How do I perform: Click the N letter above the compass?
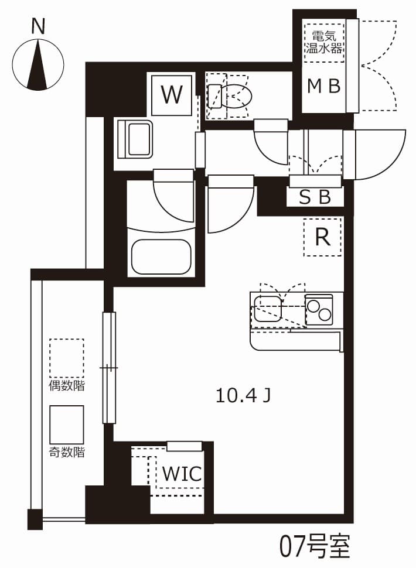point(39,26)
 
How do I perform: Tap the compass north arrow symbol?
point(39,64)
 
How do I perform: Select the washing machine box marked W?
point(172,95)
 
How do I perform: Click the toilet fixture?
point(231,95)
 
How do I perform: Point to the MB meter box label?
point(324,87)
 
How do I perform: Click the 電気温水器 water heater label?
point(324,42)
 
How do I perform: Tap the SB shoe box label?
point(315,197)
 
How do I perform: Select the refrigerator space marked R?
point(322,237)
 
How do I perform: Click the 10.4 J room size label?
point(243,396)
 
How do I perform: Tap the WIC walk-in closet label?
point(182,473)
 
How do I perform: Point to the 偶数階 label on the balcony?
point(66,386)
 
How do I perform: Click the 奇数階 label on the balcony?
point(66,452)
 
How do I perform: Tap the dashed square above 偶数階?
point(66,358)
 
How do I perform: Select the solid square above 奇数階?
point(66,425)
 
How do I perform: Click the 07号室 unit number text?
point(314,546)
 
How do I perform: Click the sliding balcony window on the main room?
point(109,368)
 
